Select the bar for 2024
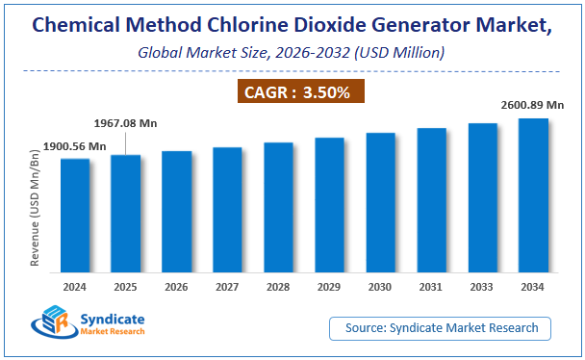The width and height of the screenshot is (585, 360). point(75,214)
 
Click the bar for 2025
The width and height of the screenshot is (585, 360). point(126,212)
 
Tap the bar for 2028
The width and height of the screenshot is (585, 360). point(278,206)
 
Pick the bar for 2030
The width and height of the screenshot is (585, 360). point(380,201)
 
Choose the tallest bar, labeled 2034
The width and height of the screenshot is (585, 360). point(533,193)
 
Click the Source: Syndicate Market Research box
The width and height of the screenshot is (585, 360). point(441,328)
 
